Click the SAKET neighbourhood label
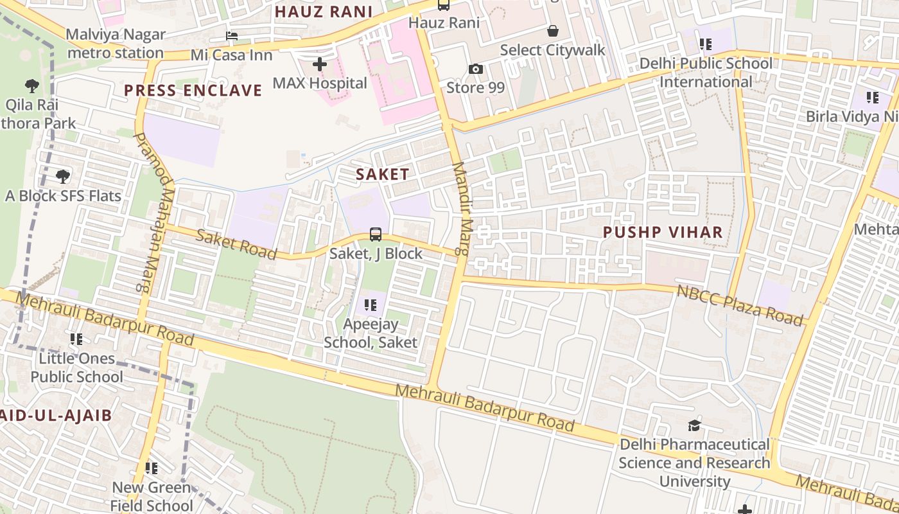[382, 174]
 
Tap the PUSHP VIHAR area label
[663, 233]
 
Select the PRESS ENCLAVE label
[193, 91]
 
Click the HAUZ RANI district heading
[324, 12]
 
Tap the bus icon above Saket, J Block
[376, 235]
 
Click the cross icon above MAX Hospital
[319, 64]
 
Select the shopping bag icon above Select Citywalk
[552, 31]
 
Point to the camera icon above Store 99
[475, 69]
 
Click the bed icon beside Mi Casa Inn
[231, 36]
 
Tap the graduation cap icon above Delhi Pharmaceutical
[694, 425]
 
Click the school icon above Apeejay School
[371, 305]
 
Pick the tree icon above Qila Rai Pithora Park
[31, 85]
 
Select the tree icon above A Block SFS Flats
[63, 177]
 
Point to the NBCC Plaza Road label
[740, 304]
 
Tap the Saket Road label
[236, 245]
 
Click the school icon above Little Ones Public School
[76, 339]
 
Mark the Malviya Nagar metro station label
[116, 44]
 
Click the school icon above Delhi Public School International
[706, 44]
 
